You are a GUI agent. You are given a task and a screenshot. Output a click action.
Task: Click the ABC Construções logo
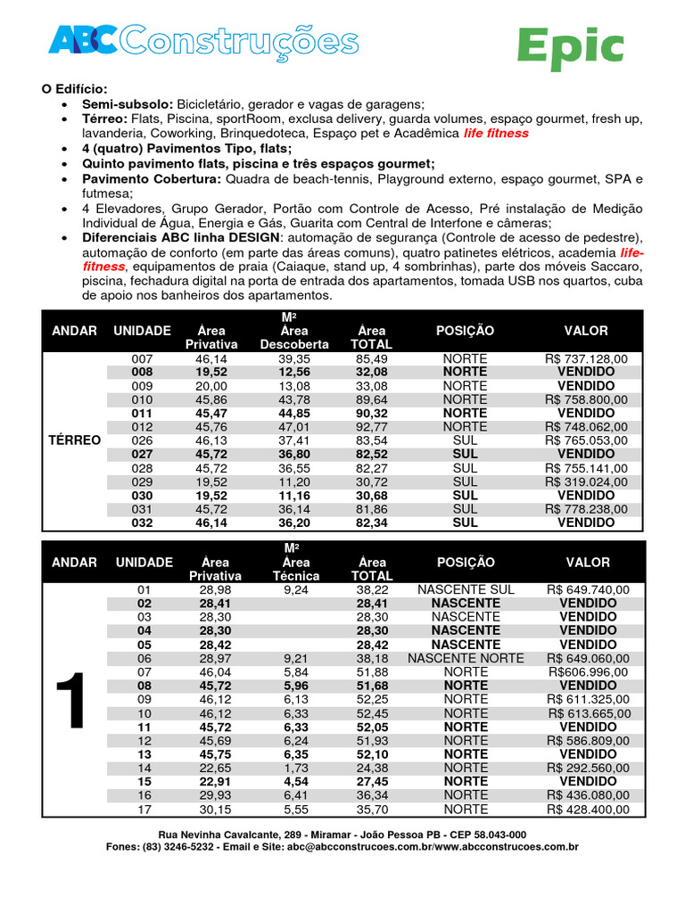tap(203, 41)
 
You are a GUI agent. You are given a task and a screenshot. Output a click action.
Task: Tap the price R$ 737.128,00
tap(587, 358)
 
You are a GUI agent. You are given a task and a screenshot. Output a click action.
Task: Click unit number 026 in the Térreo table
tap(143, 440)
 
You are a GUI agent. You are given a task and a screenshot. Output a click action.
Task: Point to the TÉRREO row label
tap(75, 440)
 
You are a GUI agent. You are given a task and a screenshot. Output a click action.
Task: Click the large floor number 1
tap(75, 700)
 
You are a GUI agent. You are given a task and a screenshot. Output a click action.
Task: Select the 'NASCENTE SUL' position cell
tap(466, 590)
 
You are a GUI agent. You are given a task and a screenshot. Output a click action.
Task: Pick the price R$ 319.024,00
tap(587, 481)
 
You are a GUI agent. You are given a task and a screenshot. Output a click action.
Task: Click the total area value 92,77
tap(371, 427)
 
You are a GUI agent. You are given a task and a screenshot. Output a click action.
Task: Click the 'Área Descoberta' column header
tap(294, 337)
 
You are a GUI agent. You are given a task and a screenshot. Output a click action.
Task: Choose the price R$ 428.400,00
tap(587, 810)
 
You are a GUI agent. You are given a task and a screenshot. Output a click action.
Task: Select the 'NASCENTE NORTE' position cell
tap(466, 658)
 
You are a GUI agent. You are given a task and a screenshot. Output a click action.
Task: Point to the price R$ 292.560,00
tap(587, 769)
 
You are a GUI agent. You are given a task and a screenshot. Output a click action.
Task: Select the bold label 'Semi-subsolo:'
tap(128, 104)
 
